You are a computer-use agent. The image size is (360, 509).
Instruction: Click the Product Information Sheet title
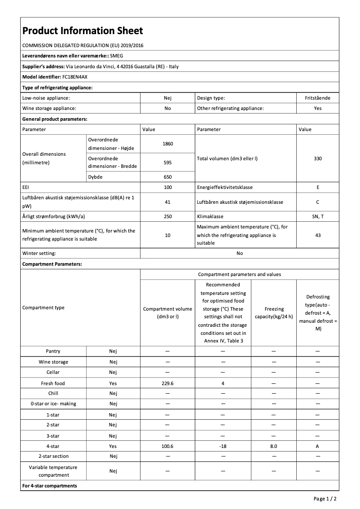point(83,31)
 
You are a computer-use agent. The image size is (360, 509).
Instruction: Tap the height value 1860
point(167,144)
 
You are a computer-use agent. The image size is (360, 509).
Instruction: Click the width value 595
point(167,162)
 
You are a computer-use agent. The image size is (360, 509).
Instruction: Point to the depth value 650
point(167,177)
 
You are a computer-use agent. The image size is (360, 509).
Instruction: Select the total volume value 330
point(318,158)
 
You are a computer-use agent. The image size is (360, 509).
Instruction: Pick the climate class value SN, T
point(318,216)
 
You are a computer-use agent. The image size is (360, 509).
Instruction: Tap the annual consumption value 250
point(167,216)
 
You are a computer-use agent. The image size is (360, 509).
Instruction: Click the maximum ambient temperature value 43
point(318,235)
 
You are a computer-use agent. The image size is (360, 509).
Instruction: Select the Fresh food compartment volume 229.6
point(167,383)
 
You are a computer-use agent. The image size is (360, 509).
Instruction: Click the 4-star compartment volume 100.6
point(167,446)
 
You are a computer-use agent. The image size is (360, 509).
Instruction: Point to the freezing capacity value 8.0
point(273,446)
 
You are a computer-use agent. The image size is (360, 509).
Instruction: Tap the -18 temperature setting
point(223,446)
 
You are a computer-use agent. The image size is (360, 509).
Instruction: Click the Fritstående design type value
point(318,98)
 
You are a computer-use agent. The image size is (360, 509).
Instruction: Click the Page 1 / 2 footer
point(325,499)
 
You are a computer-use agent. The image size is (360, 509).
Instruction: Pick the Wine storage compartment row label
point(53,362)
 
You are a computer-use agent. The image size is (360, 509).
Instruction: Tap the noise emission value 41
point(167,202)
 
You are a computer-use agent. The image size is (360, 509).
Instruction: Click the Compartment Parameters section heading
point(52,264)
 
